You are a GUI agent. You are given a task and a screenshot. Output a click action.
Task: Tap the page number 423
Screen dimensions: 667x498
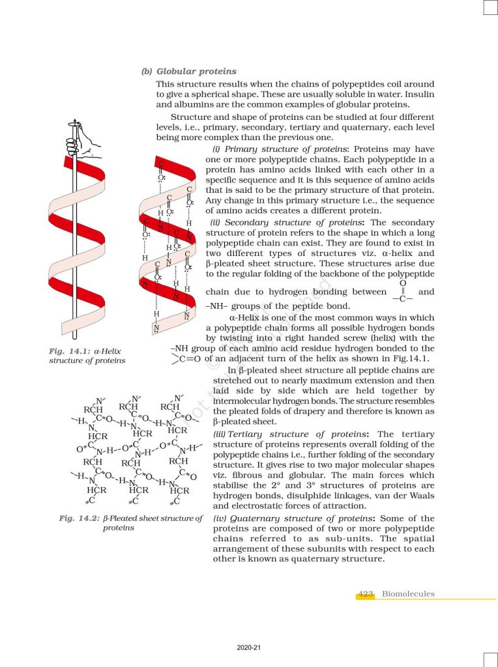click(365, 593)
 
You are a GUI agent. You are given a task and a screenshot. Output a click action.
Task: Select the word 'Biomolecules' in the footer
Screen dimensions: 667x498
click(408, 593)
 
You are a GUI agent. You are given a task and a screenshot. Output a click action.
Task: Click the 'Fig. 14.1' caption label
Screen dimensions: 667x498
click(66, 351)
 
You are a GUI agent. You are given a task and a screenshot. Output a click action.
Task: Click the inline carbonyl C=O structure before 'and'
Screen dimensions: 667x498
click(402, 291)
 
